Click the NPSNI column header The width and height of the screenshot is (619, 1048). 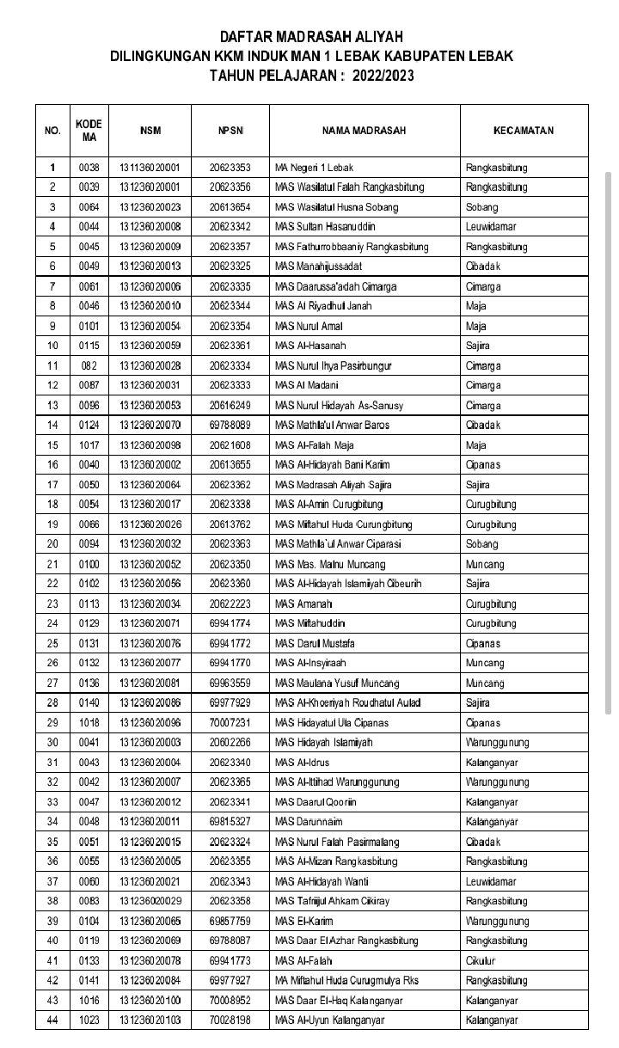pyautogui.click(x=230, y=131)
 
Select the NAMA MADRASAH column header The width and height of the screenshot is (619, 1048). pyautogui.click(x=364, y=131)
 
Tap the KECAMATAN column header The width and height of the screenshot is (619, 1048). pyautogui.click(x=524, y=131)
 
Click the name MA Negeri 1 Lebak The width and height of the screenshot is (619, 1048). pyautogui.click(x=314, y=168)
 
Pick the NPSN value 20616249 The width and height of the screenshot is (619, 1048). pyautogui.click(x=230, y=406)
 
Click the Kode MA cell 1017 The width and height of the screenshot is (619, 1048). pyautogui.click(x=89, y=445)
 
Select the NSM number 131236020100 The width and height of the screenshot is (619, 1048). pyautogui.click(x=150, y=1001)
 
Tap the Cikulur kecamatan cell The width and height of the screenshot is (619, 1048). pyautogui.click(x=481, y=960)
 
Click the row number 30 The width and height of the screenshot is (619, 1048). pyautogui.click(x=52, y=743)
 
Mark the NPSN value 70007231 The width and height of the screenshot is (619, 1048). pyautogui.click(x=230, y=723)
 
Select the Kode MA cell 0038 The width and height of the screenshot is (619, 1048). pyautogui.click(x=89, y=168)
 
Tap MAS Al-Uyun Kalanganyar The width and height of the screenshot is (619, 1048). pyautogui.click(x=329, y=1020)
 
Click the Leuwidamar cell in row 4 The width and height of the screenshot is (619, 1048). pyautogui.click(x=491, y=227)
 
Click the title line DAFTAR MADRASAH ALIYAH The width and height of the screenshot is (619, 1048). pyautogui.click(x=311, y=37)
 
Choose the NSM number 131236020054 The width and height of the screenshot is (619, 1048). pyautogui.click(x=150, y=327)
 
